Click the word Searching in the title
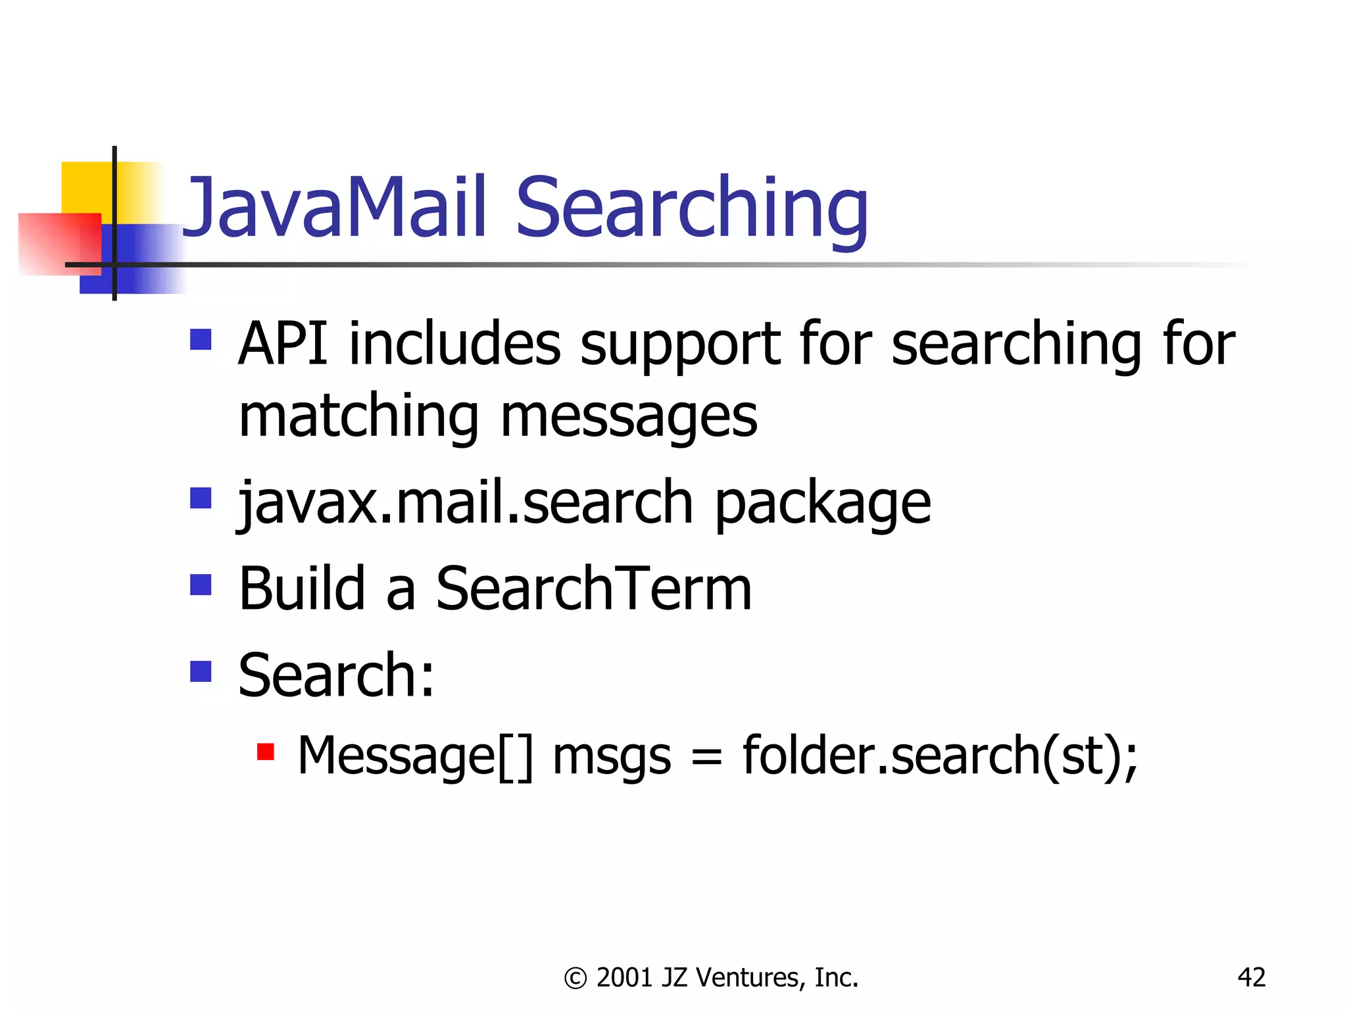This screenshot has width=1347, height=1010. (x=692, y=209)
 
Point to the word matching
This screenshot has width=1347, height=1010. (x=358, y=418)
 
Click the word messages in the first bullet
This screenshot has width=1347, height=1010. (x=629, y=418)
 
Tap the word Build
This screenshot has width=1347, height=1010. (x=302, y=589)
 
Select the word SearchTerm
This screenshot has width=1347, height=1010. (x=594, y=589)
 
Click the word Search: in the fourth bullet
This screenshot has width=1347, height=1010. (x=336, y=675)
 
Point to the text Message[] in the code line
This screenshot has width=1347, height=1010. (x=415, y=757)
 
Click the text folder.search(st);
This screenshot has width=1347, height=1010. (x=940, y=757)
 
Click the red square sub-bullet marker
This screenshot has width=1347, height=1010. (x=265, y=752)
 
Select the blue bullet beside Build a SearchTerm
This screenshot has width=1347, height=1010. (x=201, y=585)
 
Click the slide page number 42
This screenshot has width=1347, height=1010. (x=1251, y=978)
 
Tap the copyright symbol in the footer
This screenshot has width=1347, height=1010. (x=575, y=978)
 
